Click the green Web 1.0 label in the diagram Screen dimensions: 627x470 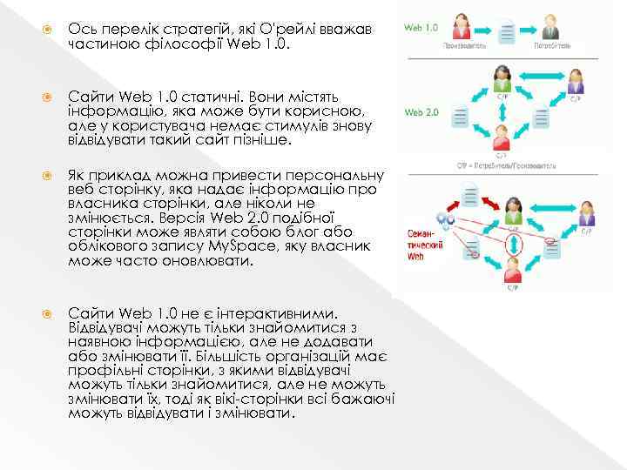click(421, 27)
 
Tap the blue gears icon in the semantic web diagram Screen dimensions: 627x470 click(445, 223)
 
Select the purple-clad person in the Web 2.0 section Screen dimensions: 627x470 click(575, 84)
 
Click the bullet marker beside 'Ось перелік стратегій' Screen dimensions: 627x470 click(50, 30)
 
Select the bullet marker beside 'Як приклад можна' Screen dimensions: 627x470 click(50, 175)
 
